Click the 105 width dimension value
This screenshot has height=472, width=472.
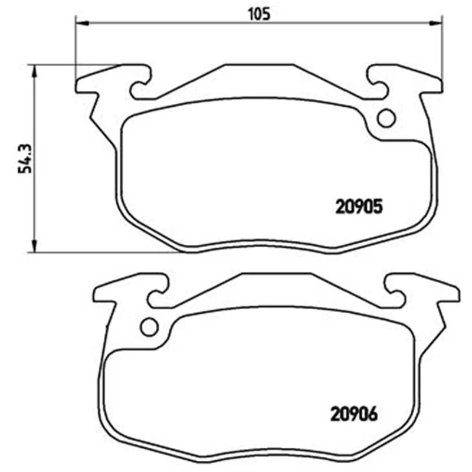(259, 14)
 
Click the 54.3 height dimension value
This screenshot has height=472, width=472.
(25, 159)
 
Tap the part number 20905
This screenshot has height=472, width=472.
(359, 206)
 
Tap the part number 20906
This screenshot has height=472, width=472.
(354, 414)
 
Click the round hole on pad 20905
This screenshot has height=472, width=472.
(386, 118)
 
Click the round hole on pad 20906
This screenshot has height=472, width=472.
(150, 327)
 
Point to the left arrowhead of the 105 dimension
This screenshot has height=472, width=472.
(83, 23)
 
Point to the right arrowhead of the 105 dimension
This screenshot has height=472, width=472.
(435, 23)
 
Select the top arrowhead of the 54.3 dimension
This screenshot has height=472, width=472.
(34, 72)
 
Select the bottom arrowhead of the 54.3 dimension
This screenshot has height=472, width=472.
(34, 244)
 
